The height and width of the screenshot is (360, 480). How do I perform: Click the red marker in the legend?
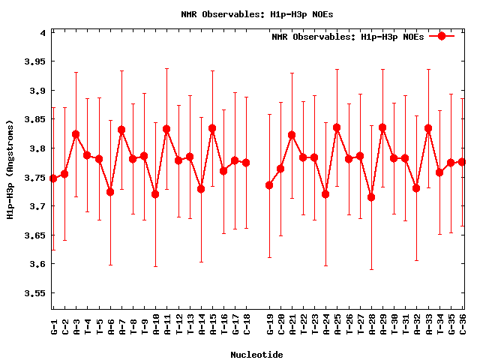[442, 36]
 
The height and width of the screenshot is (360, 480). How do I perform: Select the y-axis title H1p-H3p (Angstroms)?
[10, 170]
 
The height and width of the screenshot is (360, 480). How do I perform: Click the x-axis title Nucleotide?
[256, 355]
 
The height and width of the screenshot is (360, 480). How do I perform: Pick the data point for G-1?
[52, 178]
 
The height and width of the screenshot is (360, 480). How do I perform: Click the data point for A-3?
[76, 134]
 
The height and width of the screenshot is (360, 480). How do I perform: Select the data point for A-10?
[155, 194]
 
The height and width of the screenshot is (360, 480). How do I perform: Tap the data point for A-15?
[212, 128]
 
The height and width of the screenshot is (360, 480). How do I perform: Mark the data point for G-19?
[269, 185]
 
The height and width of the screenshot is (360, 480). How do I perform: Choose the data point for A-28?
[371, 197]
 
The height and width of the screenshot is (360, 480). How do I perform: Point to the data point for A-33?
[428, 128]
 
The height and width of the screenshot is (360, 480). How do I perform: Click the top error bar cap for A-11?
[166, 69]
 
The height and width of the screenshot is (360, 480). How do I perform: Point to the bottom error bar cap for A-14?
[201, 262]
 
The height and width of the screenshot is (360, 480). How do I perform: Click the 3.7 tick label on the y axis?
[37, 206]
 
